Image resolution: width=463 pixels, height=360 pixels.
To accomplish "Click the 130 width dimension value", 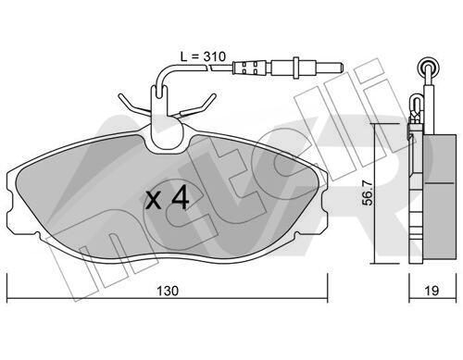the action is (168, 291).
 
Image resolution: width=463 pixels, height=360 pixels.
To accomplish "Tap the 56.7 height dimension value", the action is (368, 193).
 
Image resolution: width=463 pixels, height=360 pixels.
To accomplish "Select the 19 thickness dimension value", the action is (432, 291).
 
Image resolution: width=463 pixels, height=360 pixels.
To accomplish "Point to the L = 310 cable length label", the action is (203, 56).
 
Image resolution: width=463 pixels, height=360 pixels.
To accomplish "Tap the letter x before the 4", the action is (154, 200).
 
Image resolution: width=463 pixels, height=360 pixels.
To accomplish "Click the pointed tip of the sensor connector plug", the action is (343, 67).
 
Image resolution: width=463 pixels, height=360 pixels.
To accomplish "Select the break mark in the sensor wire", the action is (209, 68).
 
